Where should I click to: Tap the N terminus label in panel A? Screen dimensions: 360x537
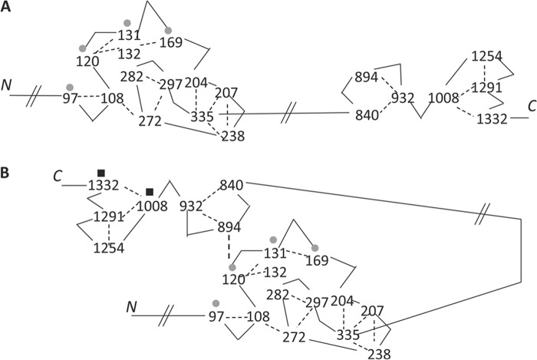[8, 84]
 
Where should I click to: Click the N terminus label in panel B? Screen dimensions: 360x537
[131, 308]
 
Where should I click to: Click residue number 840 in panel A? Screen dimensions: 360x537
[367, 115]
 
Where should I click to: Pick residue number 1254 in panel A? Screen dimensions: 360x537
[486, 58]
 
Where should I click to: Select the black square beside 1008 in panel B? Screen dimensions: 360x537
[150, 191]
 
